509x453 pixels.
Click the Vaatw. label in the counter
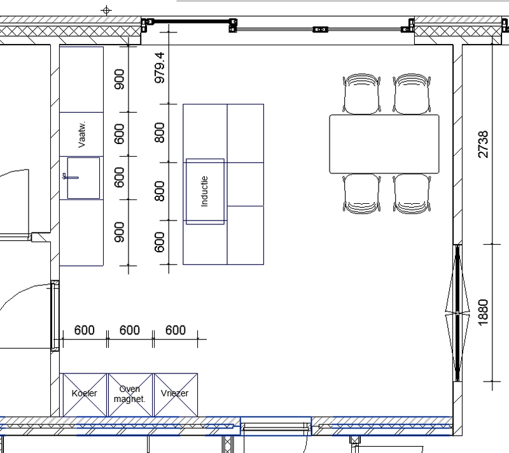[x=82, y=134]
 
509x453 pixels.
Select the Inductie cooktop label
[x=204, y=191]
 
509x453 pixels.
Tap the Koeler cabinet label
[x=85, y=393]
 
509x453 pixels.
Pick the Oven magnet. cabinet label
[x=130, y=394]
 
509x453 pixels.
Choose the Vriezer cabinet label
[x=174, y=393]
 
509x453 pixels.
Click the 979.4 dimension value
[x=160, y=68]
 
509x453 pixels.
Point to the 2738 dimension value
[x=484, y=144]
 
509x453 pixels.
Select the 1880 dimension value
[x=484, y=312]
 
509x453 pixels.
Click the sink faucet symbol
[x=71, y=177]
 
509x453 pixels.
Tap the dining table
[x=384, y=144]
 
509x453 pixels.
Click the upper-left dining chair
[x=361, y=94]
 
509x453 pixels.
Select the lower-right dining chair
[x=412, y=194]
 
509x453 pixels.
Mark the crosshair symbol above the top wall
[x=106, y=10]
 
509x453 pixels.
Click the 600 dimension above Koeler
[x=85, y=330]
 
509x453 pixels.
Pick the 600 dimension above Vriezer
[x=176, y=330]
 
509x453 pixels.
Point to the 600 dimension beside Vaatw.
[x=120, y=134]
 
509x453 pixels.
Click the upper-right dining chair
[x=412, y=94]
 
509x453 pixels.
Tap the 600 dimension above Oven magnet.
[x=130, y=330]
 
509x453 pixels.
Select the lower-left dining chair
[x=361, y=194]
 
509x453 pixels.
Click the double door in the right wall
[x=457, y=313]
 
